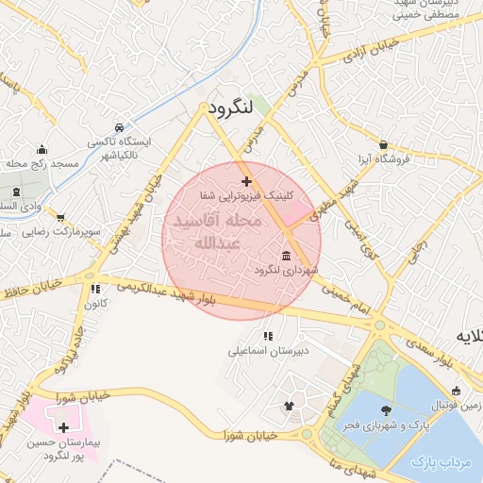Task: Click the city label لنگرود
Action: (230, 108)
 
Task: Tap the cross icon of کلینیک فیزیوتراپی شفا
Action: (246, 181)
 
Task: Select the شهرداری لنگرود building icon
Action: (286, 257)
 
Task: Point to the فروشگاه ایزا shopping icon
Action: (383, 145)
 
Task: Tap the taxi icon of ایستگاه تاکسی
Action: (118, 127)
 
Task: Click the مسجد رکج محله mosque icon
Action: (42, 150)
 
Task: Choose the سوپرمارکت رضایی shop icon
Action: (60, 218)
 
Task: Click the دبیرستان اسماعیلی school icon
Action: (268, 336)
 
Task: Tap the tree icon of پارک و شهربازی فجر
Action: (386, 409)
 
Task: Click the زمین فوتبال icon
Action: (457, 391)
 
